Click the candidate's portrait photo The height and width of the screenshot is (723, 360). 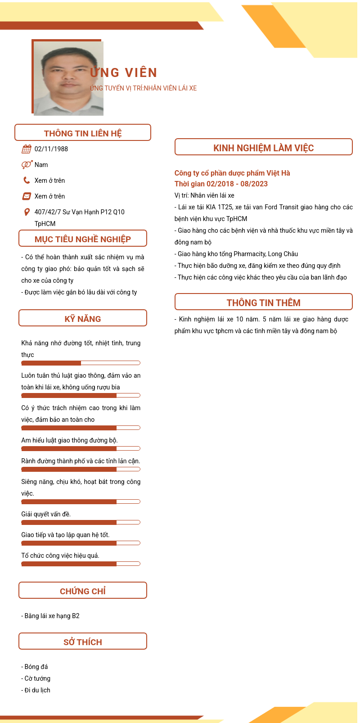pyautogui.click(x=68, y=78)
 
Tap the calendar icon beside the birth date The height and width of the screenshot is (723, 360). pyautogui.click(x=27, y=149)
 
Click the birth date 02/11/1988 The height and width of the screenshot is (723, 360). pyautogui.click(x=51, y=149)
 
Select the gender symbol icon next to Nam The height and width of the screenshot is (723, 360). pyautogui.click(x=27, y=165)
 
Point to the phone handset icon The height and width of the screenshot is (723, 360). pyautogui.click(x=27, y=181)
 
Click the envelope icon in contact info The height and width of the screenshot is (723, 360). pyautogui.click(x=27, y=196)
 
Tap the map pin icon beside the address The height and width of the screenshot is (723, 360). pyautogui.click(x=27, y=212)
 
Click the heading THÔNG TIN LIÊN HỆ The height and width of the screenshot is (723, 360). pyautogui.click(x=83, y=133)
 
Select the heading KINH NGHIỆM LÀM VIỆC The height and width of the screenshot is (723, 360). pyautogui.click(x=263, y=148)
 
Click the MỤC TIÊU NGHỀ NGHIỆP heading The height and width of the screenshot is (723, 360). pyautogui.click(x=83, y=239)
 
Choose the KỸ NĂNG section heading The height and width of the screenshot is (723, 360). pyautogui.click(x=83, y=319)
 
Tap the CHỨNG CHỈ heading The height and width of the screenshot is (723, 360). pyautogui.click(x=83, y=591)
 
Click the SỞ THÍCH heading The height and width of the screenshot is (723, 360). pyautogui.click(x=83, y=642)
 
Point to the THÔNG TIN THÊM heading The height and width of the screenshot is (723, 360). pyautogui.click(x=263, y=303)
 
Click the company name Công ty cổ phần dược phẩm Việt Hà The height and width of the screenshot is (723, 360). pyautogui.click(x=232, y=173)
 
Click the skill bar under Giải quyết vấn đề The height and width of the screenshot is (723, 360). pyautogui.click(x=81, y=522)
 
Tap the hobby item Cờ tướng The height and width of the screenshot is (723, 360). pyautogui.click(x=37, y=678)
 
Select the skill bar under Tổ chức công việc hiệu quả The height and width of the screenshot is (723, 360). pyautogui.click(x=81, y=564)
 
